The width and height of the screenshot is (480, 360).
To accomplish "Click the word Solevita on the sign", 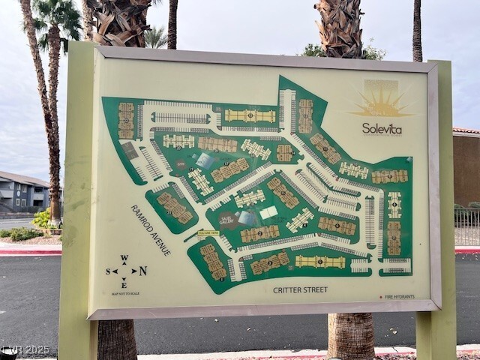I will click(382, 128).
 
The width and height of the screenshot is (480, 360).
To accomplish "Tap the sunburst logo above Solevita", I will click(382, 104).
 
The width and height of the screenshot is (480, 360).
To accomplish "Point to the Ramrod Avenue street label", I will click(150, 229).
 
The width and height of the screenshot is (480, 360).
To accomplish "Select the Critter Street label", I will click(300, 289).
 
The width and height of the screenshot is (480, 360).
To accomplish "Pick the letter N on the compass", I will click(142, 271).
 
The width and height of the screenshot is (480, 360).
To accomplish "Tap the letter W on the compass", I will click(124, 259).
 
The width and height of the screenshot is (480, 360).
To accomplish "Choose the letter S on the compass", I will click(108, 271).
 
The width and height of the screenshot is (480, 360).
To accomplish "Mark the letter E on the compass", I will click(124, 284).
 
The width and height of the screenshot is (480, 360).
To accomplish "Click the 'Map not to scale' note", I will click(124, 293).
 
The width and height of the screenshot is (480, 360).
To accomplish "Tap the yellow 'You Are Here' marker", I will click(208, 233).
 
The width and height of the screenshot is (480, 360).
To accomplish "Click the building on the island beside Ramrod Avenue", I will click(174, 207).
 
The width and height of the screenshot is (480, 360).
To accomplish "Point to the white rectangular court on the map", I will click(268, 212).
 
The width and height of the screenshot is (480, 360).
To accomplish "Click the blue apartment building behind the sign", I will click(22, 193).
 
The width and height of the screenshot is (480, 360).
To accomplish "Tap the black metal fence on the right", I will click(466, 226).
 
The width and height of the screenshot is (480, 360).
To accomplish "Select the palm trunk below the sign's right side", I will click(351, 335).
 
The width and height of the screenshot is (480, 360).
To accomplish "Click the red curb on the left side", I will click(30, 252).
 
